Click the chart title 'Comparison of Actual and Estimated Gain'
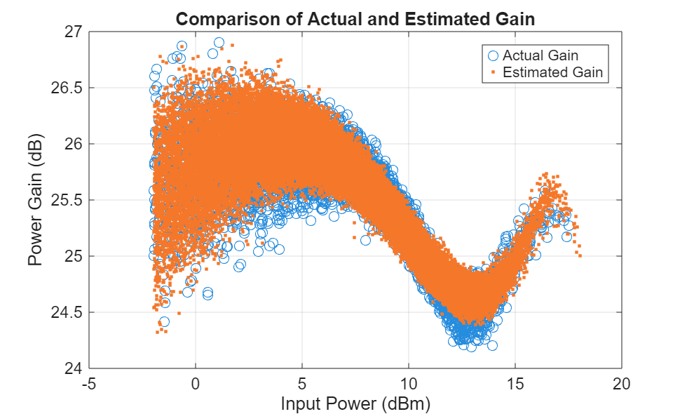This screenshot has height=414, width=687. pos(355,19)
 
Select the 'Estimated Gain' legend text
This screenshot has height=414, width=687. pos(552,72)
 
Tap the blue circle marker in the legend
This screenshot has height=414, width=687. pos(492,55)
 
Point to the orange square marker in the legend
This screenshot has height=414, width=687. pos(492,72)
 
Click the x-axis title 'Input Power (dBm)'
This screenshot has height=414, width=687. pos(355,404)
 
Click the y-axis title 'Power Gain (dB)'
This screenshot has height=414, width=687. pos(36,200)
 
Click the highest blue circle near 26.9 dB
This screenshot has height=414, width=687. pos(219,43)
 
